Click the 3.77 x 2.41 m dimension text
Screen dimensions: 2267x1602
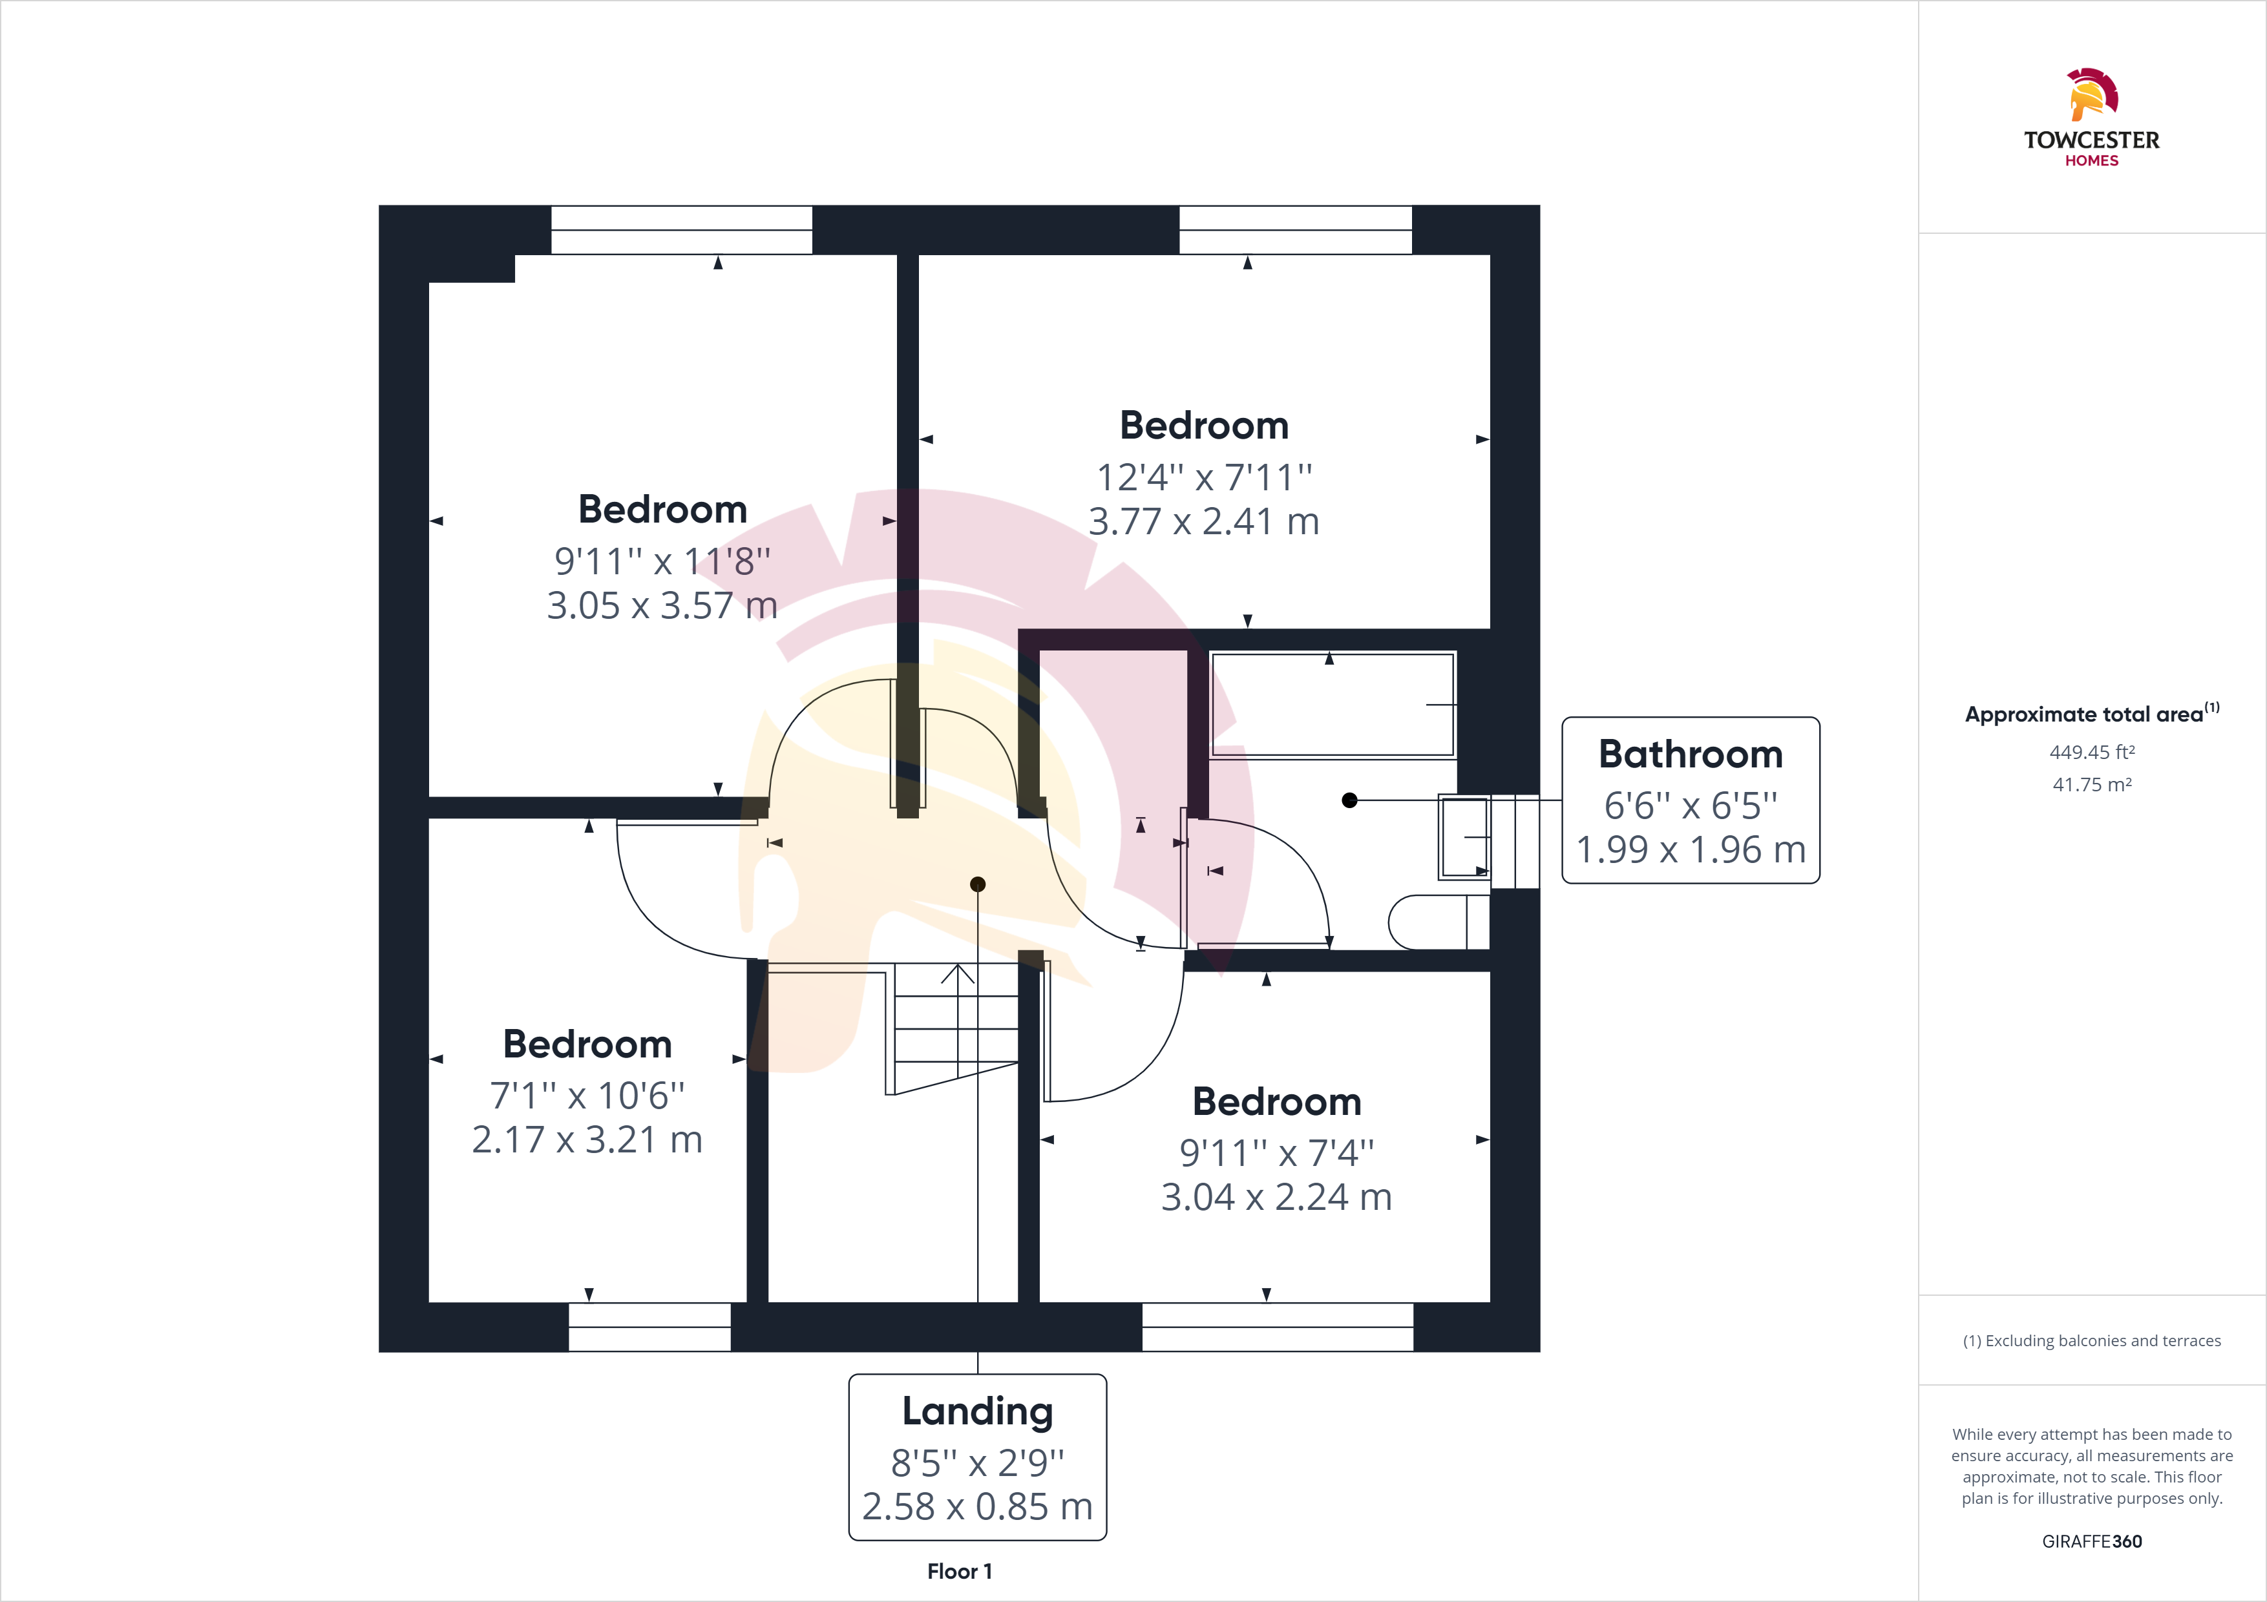[1203, 521]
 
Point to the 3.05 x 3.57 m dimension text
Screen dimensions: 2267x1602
[662, 605]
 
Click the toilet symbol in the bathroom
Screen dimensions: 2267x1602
[1439, 922]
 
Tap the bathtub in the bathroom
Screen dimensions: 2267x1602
[1333, 705]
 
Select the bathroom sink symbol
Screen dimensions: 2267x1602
[1465, 838]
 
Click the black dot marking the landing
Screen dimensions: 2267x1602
[978, 884]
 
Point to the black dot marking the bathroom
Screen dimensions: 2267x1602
[1350, 800]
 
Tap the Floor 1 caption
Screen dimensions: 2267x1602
[960, 1572]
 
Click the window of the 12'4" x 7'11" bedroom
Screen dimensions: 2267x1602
[1296, 230]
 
